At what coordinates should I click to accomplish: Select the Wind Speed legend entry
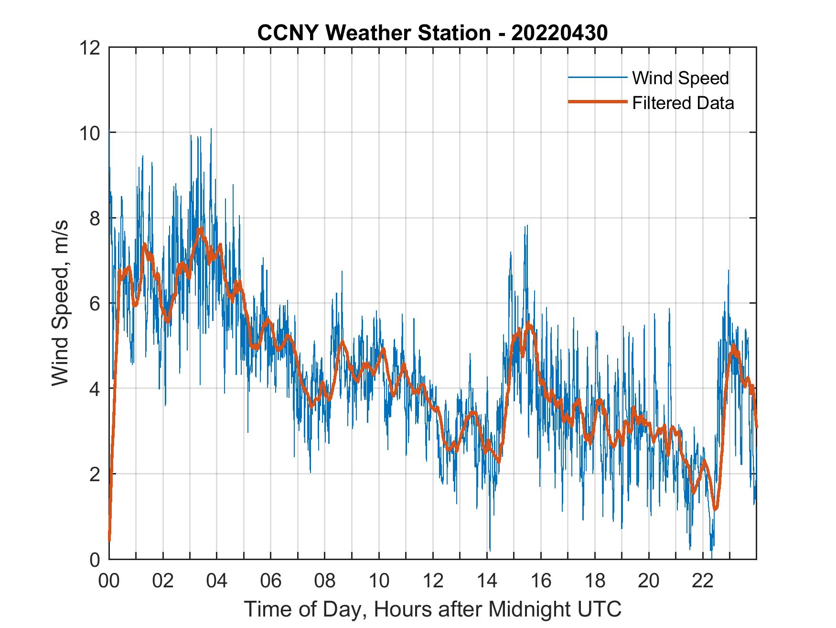click(x=680, y=78)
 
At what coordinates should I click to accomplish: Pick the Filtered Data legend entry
click(x=683, y=103)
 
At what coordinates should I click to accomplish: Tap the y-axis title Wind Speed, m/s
click(x=60, y=303)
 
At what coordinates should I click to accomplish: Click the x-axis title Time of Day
click(x=432, y=609)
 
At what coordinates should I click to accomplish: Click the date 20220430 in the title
click(x=559, y=33)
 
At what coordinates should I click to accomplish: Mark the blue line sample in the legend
click(x=597, y=77)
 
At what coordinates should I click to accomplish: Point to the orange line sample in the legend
click(x=597, y=102)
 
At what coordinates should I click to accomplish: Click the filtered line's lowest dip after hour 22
click(x=715, y=509)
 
